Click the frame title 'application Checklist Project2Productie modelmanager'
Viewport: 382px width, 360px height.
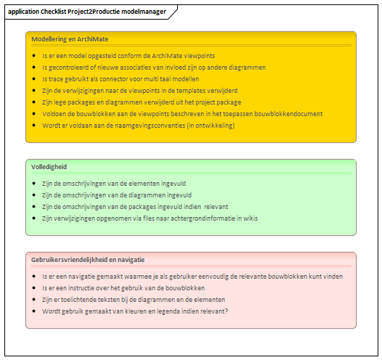point(87,12)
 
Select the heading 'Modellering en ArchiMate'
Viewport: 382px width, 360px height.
point(70,39)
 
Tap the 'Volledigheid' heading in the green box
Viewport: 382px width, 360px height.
point(49,167)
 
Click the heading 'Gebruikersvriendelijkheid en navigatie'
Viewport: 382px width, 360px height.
point(88,260)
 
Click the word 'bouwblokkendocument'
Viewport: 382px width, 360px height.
point(288,114)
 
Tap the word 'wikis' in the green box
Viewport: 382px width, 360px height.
point(251,218)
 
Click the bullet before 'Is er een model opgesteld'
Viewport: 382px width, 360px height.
point(34,56)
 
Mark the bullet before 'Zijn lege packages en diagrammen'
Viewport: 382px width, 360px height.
point(34,102)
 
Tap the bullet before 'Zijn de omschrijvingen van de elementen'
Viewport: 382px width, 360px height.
point(34,184)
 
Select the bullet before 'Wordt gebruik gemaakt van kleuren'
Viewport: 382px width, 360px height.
point(34,311)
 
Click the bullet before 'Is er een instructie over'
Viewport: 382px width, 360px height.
point(34,288)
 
